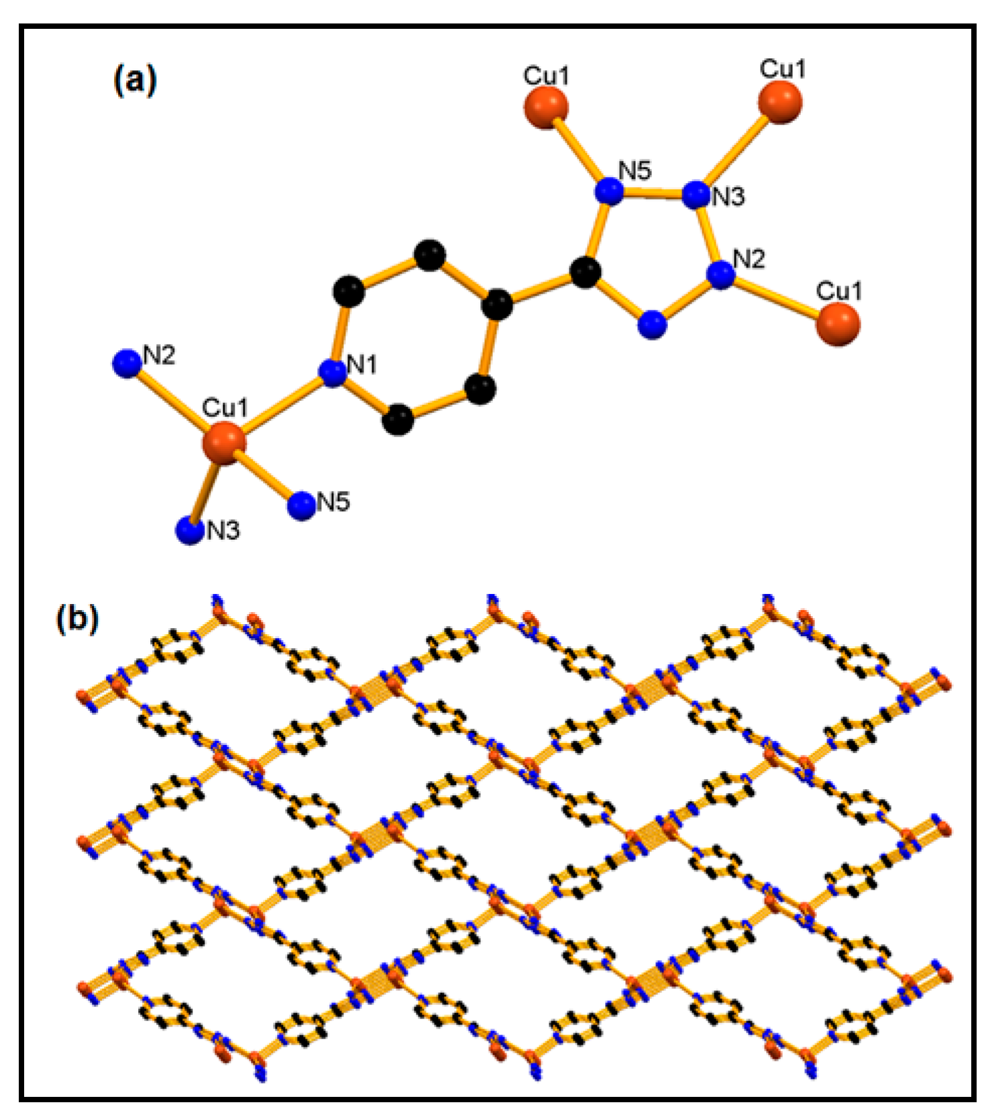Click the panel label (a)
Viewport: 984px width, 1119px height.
[135, 80]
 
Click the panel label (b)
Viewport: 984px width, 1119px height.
[78, 617]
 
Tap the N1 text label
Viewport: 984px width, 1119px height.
[362, 365]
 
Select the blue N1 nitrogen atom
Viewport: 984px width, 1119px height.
[333, 373]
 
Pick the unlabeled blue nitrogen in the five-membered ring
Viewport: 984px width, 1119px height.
[652, 325]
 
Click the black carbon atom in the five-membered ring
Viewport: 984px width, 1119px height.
[586, 273]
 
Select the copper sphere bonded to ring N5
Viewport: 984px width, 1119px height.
[545, 106]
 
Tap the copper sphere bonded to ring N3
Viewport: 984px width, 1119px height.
[780, 103]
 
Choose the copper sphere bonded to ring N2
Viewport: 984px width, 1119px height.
[838, 324]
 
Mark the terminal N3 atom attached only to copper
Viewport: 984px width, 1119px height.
[190, 531]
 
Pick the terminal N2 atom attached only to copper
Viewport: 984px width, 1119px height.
[127, 363]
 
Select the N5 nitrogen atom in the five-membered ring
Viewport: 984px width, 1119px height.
[610, 191]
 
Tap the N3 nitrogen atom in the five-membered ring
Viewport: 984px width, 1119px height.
[696, 194]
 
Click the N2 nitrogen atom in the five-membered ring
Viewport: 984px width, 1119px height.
[721, 275]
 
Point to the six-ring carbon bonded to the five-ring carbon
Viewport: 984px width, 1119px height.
[498, 304]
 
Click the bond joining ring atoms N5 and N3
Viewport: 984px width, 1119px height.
[653, 193]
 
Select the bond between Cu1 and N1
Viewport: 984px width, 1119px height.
[278, 408]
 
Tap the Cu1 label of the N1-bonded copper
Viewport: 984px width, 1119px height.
[225, 408]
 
